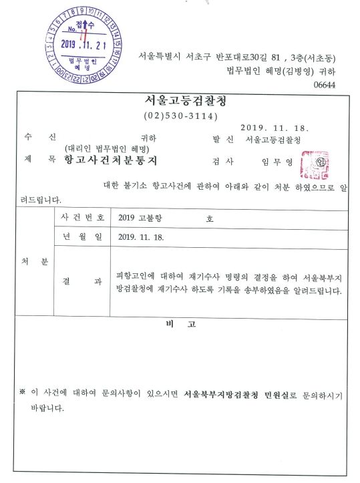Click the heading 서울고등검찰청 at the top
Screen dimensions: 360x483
point(186,102)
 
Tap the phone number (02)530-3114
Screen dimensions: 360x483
point(181,116)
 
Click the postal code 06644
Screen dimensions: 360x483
point(324,85)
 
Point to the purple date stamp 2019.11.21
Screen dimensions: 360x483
point(82,45)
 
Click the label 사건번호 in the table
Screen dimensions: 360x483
point(83,218)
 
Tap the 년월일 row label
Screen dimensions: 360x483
point(82,236)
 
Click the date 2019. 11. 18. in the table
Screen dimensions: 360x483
point(140,236)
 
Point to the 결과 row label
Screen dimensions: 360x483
point(83,283)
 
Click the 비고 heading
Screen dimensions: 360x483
point(180,325)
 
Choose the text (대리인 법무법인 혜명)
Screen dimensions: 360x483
point(107,149)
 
